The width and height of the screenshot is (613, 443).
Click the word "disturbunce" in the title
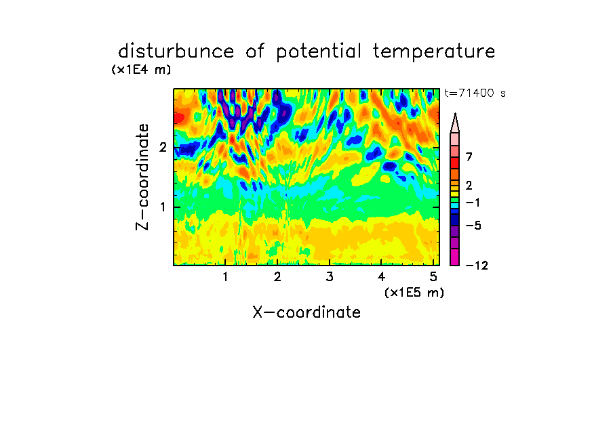pos(176,51)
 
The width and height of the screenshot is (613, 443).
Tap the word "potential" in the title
pos(318,52)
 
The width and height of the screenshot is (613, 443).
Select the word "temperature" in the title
pos(434,52)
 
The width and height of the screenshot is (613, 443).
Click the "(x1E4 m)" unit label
pos(141,70)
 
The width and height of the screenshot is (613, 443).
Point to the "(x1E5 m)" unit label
pos(414,292)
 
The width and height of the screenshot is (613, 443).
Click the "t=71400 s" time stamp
pos(475,93)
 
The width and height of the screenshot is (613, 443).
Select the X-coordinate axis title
pos(306,312)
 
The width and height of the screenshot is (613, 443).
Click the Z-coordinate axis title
pos(142,177)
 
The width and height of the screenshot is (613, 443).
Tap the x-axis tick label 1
pos(225,277)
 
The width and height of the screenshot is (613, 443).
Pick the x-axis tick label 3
pos(330,277)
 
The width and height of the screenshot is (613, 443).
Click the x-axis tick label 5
pos(433,277)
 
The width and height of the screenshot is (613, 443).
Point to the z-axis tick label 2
pos(163,148)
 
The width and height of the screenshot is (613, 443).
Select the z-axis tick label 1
pos(163,207)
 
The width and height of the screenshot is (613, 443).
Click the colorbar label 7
pos(469,157)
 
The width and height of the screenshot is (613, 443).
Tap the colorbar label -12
pos(477,266)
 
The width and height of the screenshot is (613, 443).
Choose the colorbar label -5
pos(473,226)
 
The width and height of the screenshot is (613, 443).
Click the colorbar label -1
pos(473,203)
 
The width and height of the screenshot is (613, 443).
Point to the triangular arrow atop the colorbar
pos(455,123)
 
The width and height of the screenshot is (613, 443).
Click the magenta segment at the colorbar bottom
pos(455,257)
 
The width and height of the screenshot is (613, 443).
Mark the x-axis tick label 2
pos(277,277)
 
